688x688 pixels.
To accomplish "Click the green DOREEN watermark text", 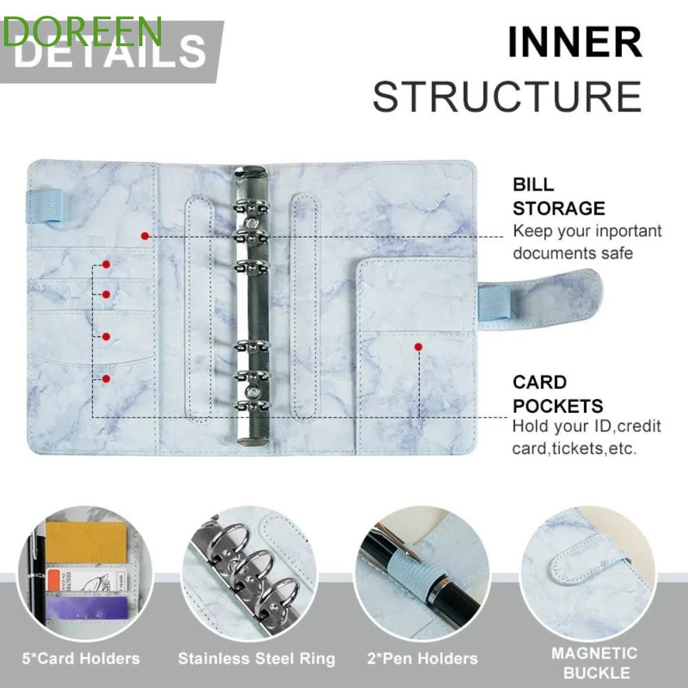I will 82,31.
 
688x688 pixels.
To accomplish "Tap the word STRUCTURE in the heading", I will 507,96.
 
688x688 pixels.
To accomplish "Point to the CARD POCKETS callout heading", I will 557,394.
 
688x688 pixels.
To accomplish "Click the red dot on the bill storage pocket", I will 144,236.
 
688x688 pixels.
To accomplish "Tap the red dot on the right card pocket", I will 418,347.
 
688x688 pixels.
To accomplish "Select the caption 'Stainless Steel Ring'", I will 257,658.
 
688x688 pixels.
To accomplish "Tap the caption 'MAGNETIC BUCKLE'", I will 594,662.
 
